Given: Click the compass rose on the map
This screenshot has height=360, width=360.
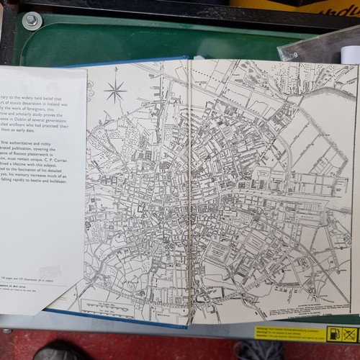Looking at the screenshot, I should [114, 91].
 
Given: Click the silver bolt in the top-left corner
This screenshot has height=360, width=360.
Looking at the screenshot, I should [31, 21].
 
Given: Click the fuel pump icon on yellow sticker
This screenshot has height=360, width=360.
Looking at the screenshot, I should [333, 333].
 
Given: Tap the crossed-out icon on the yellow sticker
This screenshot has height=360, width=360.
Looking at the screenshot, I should [349, 333].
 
